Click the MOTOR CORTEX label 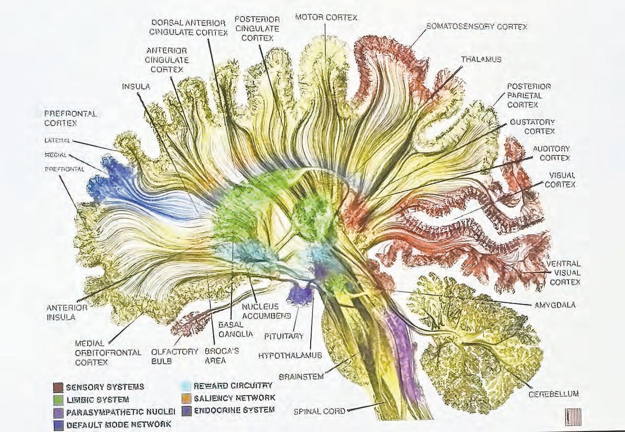[x=326, y=18]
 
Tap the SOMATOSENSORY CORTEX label [x=476, y=27]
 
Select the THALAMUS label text [x=481, y=59]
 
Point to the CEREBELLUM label [x=553, y=394]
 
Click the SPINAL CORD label [x=319, y=411]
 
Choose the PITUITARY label [x=284, y=336]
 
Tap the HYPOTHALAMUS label [x=289, y=356]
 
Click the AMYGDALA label [x=555, y=305]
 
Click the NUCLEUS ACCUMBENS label [x=266, y=311]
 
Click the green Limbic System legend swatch [x=58, y=399]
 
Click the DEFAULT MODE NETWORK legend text [x=119, y=424]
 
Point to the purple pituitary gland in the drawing [x=301, y=294]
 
